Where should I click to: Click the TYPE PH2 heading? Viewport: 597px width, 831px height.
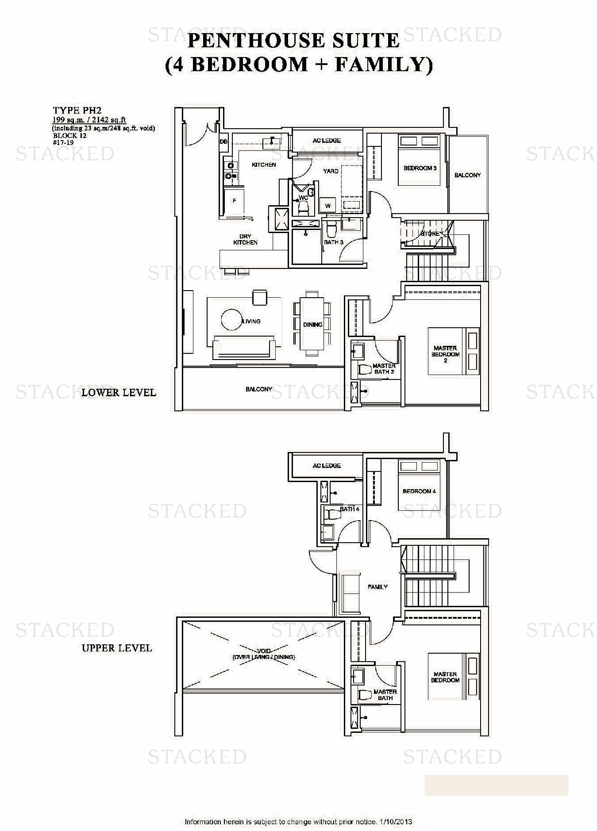77,111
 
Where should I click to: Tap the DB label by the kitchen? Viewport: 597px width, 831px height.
223,142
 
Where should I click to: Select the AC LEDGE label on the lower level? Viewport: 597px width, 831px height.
327,141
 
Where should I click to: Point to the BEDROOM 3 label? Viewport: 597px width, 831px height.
420,168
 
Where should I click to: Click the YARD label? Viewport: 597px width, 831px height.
331,171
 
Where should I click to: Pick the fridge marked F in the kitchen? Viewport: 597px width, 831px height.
235,201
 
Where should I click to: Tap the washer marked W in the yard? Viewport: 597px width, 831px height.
328,205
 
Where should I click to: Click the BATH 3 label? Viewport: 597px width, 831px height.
333,242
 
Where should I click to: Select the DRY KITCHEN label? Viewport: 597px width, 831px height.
245,239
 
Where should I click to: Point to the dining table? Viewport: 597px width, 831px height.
312,324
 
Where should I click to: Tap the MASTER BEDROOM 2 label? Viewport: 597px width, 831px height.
445,354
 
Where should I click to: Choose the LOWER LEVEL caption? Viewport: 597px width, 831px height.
119,392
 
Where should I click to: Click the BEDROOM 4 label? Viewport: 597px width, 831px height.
419,491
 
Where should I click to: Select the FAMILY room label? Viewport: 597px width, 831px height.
377,587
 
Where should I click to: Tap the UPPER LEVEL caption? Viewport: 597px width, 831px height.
117,648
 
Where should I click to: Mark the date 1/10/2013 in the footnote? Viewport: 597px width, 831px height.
396,822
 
